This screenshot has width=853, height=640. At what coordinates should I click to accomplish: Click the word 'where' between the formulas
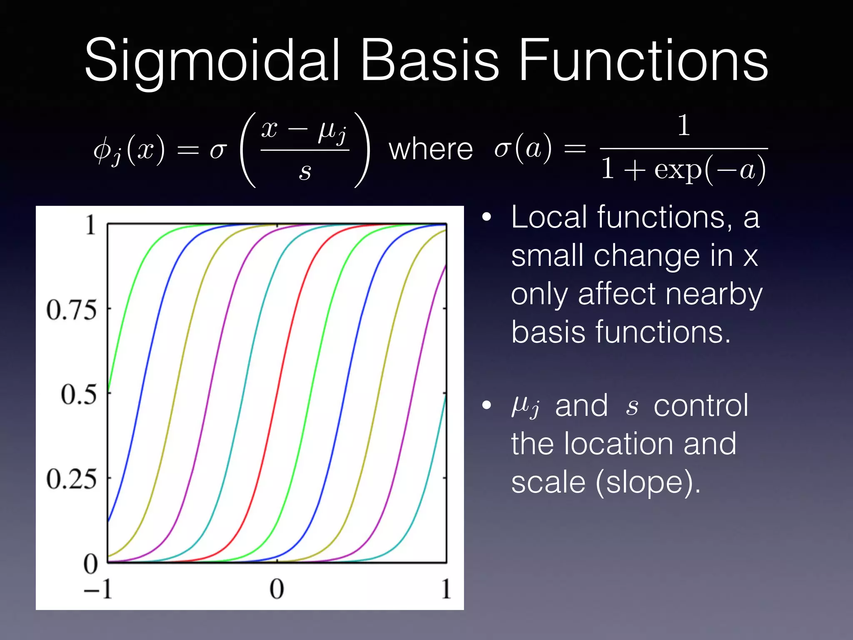click(431, 150)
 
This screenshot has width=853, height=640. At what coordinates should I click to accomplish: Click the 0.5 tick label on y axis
click(78, 395)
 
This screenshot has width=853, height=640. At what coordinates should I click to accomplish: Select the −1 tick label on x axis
click(98, 589)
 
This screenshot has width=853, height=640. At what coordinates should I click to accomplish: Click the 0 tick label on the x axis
click(277, 589)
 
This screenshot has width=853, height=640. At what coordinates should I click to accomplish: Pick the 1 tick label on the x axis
click(446, 589)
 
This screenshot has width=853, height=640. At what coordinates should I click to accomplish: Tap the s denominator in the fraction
click(305, 171)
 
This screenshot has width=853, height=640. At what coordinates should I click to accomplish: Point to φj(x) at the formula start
click(129, 150)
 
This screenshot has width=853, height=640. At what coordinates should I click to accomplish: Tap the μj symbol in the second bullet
click(526, 405)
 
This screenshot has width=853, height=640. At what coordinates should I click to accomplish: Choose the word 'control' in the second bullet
click(701, 405)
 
